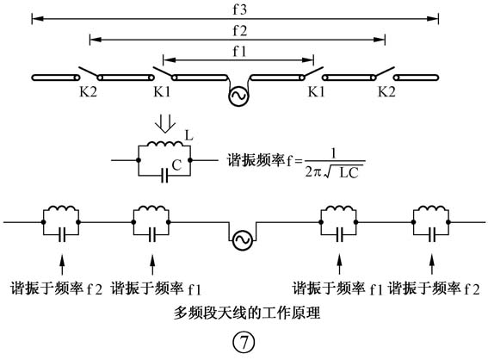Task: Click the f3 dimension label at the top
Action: tap(239, 9)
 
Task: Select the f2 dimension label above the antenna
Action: tap(239, 30)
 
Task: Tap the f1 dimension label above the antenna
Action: tap(239, 51)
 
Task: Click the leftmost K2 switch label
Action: tap(89, 91)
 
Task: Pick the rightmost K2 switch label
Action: tap(386, 91)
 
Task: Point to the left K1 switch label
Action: tap(162, 91)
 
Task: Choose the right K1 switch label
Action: tap(316, 91)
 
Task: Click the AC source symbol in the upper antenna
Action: tap(238, 96)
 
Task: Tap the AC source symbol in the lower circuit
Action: tap(243, 239)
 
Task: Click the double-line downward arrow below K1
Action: tap(165, 125)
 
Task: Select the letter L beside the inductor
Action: tap(188, 135)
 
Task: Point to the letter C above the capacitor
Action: tap(176, 164)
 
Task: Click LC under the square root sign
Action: tap(349, 173)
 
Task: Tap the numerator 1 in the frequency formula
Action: tap(334, 153)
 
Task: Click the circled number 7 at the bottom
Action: tap(244, 343)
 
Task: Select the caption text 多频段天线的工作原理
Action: tap(246, 313)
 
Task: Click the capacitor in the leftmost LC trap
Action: tap(62, 234)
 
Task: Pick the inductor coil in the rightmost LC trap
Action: tap(431, 208)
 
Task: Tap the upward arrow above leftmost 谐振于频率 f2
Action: tap(63, 264)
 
